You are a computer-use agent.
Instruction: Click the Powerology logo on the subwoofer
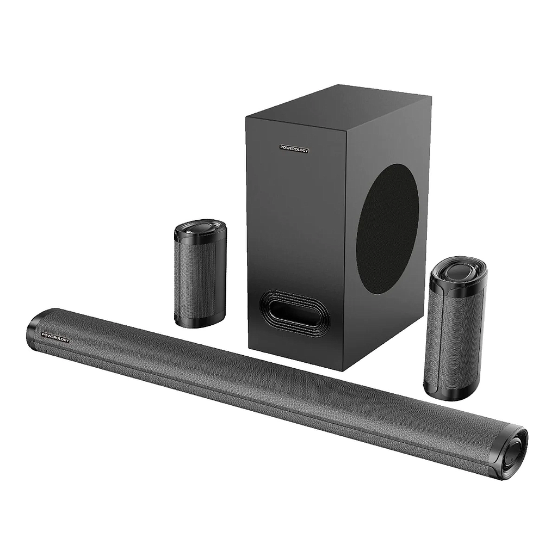click(x=294, y=148)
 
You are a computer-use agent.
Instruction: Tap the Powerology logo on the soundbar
click(x=55, y=333)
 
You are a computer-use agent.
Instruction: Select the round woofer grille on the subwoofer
click(x=387, y=228)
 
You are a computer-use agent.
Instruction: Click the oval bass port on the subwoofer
click(x=294, y=310)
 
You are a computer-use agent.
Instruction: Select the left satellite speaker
click(x=200, y=274)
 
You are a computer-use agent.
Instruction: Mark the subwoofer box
click(x=326, y=218)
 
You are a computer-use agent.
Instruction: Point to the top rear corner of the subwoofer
click(x=338, y=85)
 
